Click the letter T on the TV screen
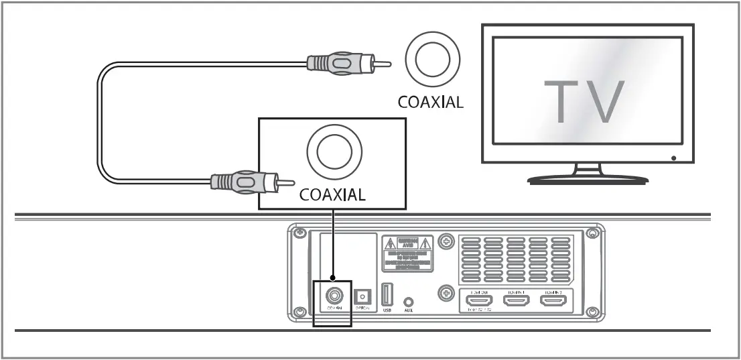point(561,101)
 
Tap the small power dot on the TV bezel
point(673,159)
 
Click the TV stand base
point(588,179)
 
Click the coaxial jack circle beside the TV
point(432,62)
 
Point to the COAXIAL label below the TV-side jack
point(429,103)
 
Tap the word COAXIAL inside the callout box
point(332,195)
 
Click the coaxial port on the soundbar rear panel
point(332,295)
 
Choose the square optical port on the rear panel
point(363,296)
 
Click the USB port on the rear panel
point(387,295)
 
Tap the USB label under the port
point(387,310)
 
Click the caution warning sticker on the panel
point(407,253)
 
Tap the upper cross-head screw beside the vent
point(445,240)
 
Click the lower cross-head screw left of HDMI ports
point(445,293)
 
